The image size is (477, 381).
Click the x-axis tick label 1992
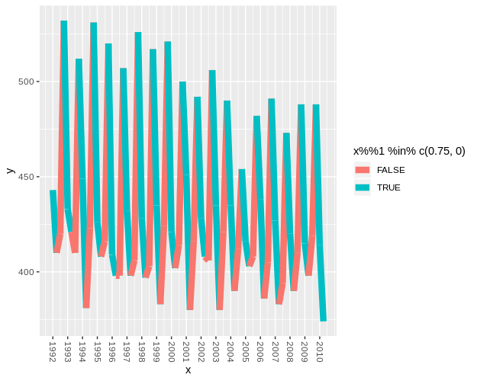[52, 351]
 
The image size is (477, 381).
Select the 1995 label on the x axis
[97, 351]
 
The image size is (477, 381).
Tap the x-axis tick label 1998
[141, 351]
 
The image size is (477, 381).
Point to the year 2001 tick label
[186, 351]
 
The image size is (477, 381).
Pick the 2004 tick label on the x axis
[230, 351]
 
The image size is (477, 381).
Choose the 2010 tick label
[320, 351]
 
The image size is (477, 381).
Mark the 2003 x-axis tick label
[216, 351]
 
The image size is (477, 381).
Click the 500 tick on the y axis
[29, 82]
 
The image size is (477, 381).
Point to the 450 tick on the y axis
[29, 177]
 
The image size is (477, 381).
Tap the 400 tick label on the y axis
[29, 272]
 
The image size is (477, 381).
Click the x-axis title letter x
[188, 370]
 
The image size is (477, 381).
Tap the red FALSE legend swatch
[362, 170]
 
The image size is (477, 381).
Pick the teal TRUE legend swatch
[362, 187]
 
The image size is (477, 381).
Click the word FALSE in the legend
[391, 170]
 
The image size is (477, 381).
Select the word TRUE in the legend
[388, 187]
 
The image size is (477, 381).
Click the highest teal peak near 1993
[64, 22]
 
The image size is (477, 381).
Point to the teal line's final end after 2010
[324, 320]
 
